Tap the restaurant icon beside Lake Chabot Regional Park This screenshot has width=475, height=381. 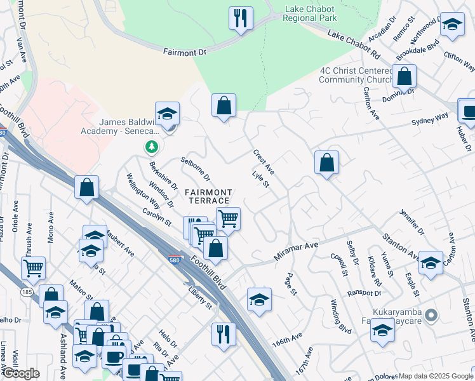pos(241,18)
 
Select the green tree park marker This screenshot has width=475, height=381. pos(151,147)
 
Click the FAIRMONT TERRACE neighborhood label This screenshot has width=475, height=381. pos(208,196)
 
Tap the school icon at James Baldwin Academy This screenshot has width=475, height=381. pos(167,114)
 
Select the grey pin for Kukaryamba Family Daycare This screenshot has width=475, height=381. pos(431,315)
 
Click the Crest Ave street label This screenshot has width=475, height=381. pos(264,161)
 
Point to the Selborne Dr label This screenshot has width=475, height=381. pos(196,168)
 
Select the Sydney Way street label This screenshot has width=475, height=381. pos(429,119)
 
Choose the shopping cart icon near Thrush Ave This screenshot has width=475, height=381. pos(33,267)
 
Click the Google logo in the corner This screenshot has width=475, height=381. pos(21,373)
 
